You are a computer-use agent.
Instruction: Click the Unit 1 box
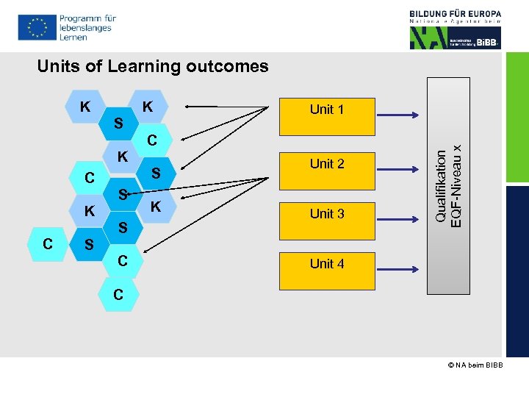click(327, 110)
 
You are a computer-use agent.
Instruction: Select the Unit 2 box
click(327, 164)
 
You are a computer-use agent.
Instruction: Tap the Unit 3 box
click(327, 214)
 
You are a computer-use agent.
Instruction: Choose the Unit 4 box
click(327, 264)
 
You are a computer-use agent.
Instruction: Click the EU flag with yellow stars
click(36, 27)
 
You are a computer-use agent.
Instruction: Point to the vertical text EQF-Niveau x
click(457, 185)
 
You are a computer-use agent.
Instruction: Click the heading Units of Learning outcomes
click(153, 66)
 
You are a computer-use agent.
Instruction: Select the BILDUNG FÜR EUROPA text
click(456, 13)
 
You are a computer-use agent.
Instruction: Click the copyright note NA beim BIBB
click(475, 365)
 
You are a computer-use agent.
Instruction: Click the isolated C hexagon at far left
click(47, 243)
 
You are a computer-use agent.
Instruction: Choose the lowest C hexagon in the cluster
click(118, 295)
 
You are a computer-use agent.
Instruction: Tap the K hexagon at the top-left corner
click(85, 107)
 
